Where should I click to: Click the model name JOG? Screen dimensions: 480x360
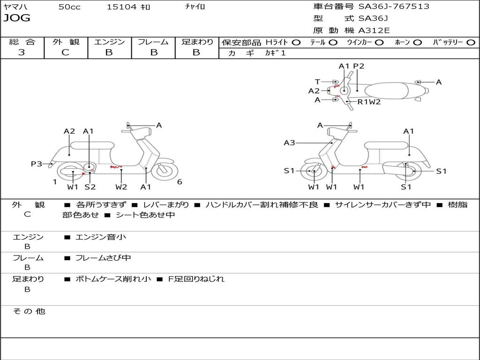pos(17,18)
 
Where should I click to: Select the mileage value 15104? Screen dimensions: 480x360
pos(121,7)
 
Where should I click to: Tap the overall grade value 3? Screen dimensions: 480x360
pos(22,52)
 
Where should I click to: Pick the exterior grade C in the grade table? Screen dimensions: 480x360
pos(66,52)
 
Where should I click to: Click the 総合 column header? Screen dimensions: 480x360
pos(22,42)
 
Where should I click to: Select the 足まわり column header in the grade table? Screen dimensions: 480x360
pos(197,42)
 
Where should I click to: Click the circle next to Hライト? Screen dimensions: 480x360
pos(296,42)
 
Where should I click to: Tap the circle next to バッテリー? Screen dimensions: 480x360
pos(471,42)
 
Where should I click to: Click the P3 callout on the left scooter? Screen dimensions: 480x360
pos(37,164)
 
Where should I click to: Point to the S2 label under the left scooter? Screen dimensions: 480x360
pos(90,187)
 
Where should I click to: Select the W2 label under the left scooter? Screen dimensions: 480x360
pos(121,187)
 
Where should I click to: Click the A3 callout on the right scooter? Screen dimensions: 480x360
pos(289,142)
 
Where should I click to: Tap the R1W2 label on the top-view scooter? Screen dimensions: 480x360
pos(369,102)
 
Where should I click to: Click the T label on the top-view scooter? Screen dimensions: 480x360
pos(317,82)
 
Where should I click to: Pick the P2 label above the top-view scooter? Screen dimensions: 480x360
pos(359,66)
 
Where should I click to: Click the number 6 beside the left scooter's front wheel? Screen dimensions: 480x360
pos(180,182)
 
